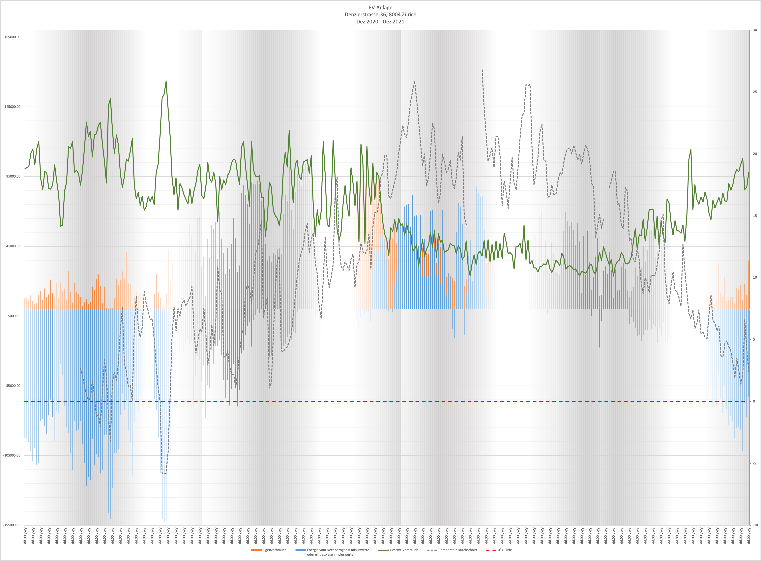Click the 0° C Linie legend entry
[x=505, y=550]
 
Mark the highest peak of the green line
[x=166, y=81]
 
